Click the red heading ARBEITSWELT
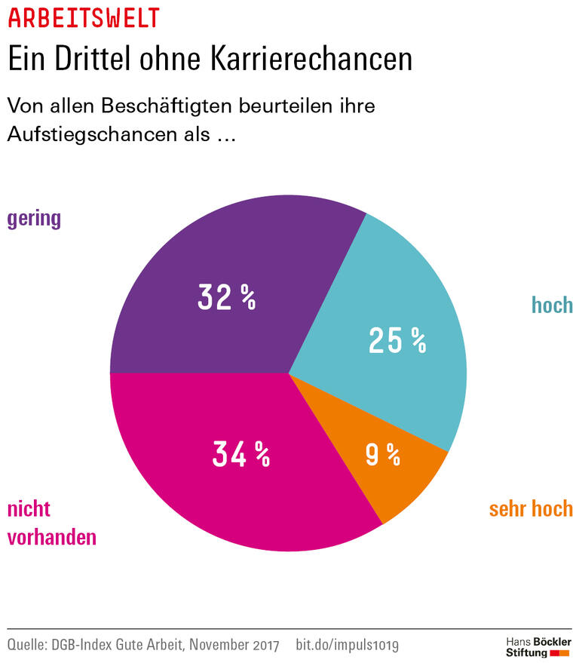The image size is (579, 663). (x=84, y=17)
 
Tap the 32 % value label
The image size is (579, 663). (x=227, y=298)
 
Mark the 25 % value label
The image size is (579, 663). (x=397, y=341)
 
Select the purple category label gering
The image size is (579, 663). (x=34, y=219)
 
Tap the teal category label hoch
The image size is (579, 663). (x=552, y=305)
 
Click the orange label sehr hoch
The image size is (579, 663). (x=531, y=509)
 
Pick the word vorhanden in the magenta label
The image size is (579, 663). (x=52, y=537)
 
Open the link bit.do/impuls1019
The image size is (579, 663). (x=348, y=645)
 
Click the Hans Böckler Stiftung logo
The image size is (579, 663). (x=537, y=646)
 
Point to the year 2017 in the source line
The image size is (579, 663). (x=265, y=645)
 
